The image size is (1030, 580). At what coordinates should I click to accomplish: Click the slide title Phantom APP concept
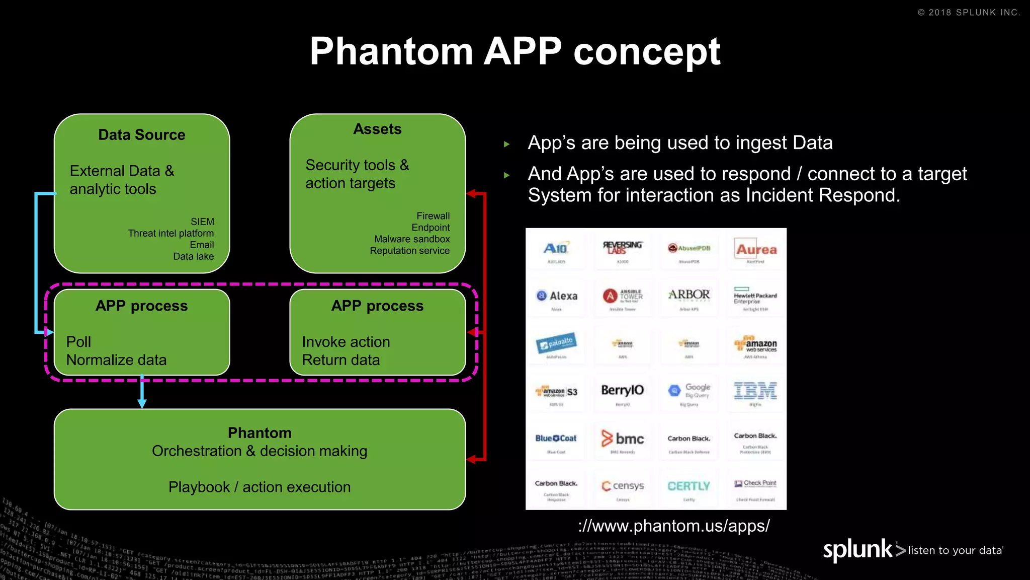[x=514, y=51]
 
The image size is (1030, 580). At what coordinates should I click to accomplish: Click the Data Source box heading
[x=142, y=135]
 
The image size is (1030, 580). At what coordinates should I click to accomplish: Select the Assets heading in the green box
[x=377, y=129]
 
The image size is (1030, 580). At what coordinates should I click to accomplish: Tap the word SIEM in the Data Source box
[x=202, y=222]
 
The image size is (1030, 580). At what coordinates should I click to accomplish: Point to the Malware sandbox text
[x=412, y=239]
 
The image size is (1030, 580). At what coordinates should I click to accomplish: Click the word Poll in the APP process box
[x=78, y=342]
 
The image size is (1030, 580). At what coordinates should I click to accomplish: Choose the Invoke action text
[x=346, y=342]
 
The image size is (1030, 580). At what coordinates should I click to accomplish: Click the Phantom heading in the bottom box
[x=260, y=433]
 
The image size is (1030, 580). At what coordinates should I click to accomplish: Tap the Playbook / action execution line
[x=260, y=487]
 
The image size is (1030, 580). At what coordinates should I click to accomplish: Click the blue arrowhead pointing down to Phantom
[x=142, y=403]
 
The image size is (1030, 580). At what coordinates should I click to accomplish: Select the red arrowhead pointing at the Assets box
[x=471, y=194]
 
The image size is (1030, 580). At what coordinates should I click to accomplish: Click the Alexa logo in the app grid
[x=557, y=296]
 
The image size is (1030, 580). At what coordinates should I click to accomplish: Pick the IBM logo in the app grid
[x=755, y=391]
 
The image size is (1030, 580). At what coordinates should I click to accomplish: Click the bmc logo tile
[x=623, y=439]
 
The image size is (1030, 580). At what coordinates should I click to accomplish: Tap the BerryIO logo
[x=623, y=390]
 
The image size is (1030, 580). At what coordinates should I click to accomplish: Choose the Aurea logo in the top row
[x=756, y=249]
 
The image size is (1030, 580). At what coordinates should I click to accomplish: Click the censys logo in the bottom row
[x=623, y=486]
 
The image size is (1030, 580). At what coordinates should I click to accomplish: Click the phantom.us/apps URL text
[x=674, y=526]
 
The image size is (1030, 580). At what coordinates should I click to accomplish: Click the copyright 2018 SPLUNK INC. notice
[x=969, y=13]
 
